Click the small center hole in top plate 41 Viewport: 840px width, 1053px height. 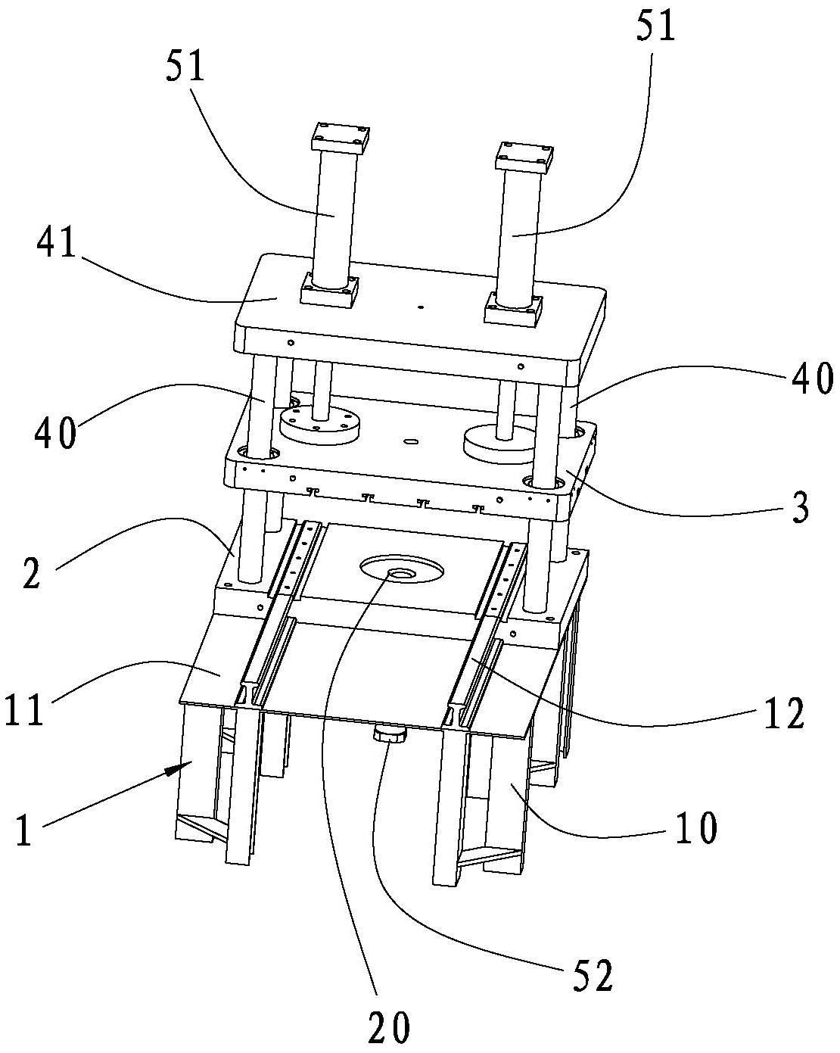[420, 307]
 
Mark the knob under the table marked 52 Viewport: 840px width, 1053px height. [390, 734]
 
